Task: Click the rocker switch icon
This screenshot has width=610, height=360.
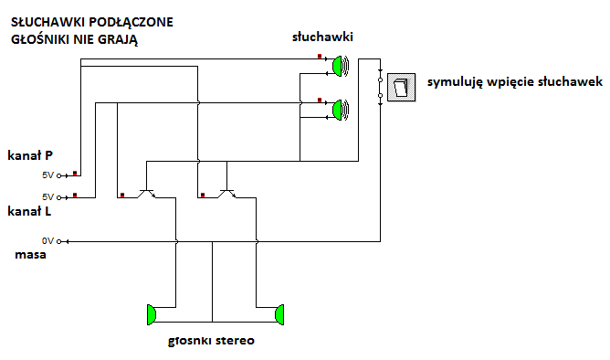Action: pos(402,88)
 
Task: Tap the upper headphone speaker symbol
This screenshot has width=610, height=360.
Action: pos(341,66)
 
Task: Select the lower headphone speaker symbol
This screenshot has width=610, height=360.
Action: pos(341,111)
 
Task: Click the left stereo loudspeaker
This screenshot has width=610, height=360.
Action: pos(152,314)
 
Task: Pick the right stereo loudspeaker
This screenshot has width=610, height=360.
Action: pos(279,314)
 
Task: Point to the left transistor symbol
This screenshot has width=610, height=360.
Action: pos(147,194)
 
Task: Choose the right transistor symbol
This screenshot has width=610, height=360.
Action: pos(227,194)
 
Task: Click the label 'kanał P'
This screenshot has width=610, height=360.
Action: pos(30,155)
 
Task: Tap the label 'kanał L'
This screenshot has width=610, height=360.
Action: pos(29,211)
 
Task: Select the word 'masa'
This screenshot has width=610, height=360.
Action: pos(30,255)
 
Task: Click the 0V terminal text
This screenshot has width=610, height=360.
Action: pos(47,241)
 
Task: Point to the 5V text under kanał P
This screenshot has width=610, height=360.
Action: pos(47,175)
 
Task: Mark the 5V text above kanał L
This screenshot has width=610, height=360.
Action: pos(47,197)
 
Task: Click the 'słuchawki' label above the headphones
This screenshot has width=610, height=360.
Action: pos(322,37)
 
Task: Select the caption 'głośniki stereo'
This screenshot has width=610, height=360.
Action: pos(211,341)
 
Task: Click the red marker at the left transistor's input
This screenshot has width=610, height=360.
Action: pos(122,195)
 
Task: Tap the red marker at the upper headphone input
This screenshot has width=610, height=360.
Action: pos(320,57)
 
